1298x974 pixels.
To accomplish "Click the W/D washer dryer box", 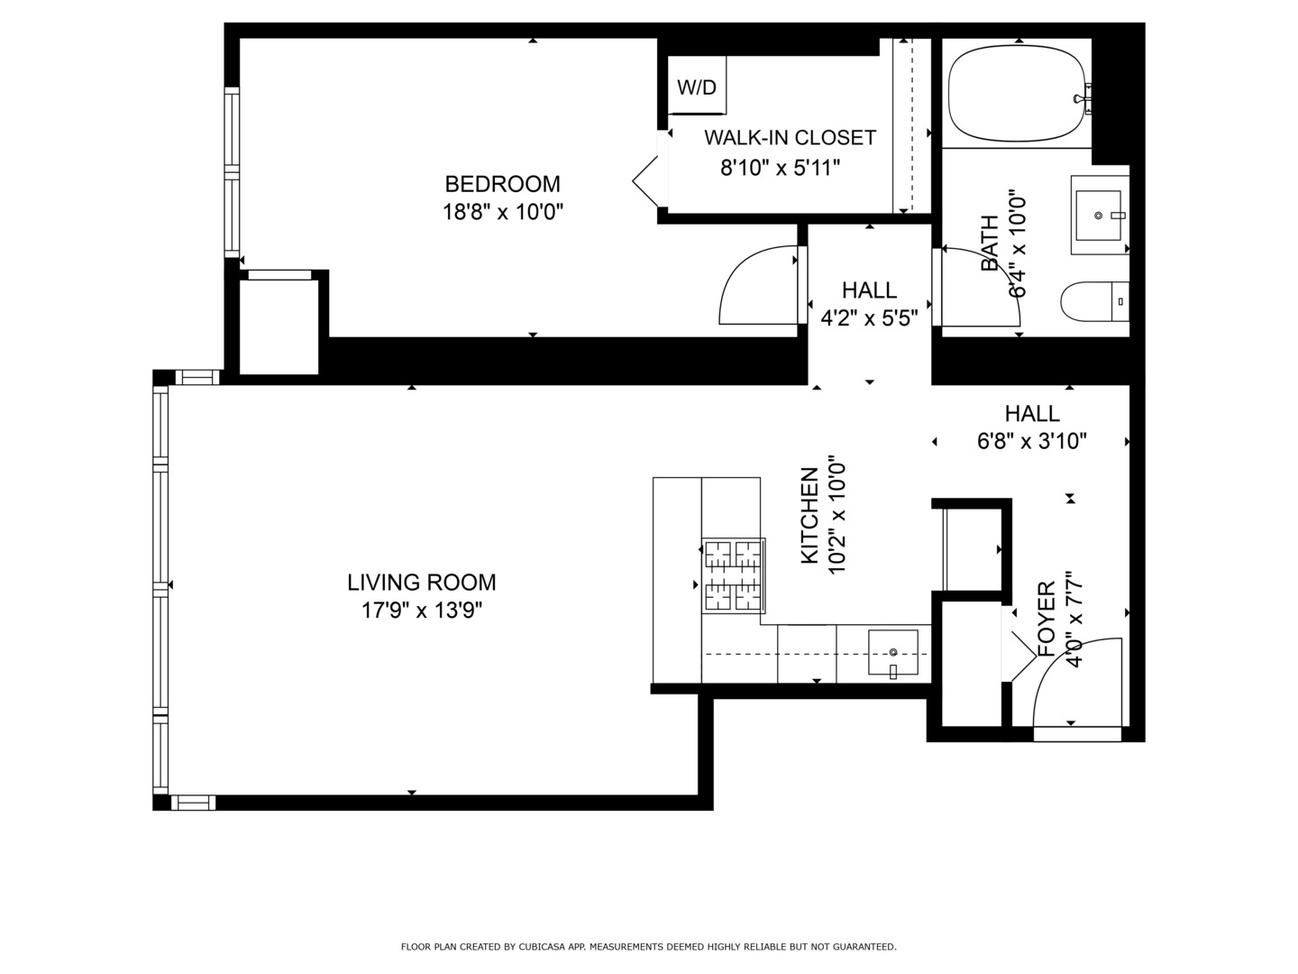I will coord(697,87).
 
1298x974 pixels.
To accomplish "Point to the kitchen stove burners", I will coord(733,575).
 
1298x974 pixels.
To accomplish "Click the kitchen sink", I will coord(892,653).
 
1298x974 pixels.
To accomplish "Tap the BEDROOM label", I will coord(502,184).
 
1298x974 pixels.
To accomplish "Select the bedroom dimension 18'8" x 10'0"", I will coord(502,213).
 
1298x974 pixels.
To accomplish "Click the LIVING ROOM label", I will coord(422,583).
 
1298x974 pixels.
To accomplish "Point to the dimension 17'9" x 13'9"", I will coord(422,611).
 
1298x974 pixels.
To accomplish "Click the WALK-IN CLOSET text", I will coord(790,138).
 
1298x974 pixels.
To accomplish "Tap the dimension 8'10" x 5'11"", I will coord(781,167).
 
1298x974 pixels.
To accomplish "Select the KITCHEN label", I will coord(810,516).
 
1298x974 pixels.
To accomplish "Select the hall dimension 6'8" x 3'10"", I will coord(1032,441).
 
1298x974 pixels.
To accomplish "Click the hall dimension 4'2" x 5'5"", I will coord(869,318).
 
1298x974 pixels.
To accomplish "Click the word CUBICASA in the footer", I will coord(540,947).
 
